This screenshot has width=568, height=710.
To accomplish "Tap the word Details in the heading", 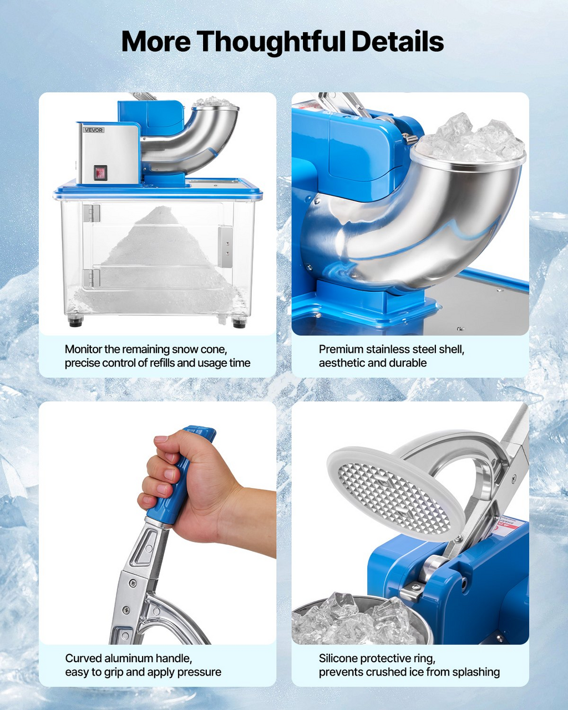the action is (398, 41).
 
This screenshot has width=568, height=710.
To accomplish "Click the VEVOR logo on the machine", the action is (94, 130).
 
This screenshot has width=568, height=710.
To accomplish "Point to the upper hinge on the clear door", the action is (92, 213).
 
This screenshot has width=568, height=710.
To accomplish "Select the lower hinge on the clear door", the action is (92, 278).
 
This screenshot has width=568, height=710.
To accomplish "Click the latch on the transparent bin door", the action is (225, 246).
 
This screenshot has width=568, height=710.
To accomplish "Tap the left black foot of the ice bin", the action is (75, 321).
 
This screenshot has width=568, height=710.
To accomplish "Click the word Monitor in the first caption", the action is (83, 349).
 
